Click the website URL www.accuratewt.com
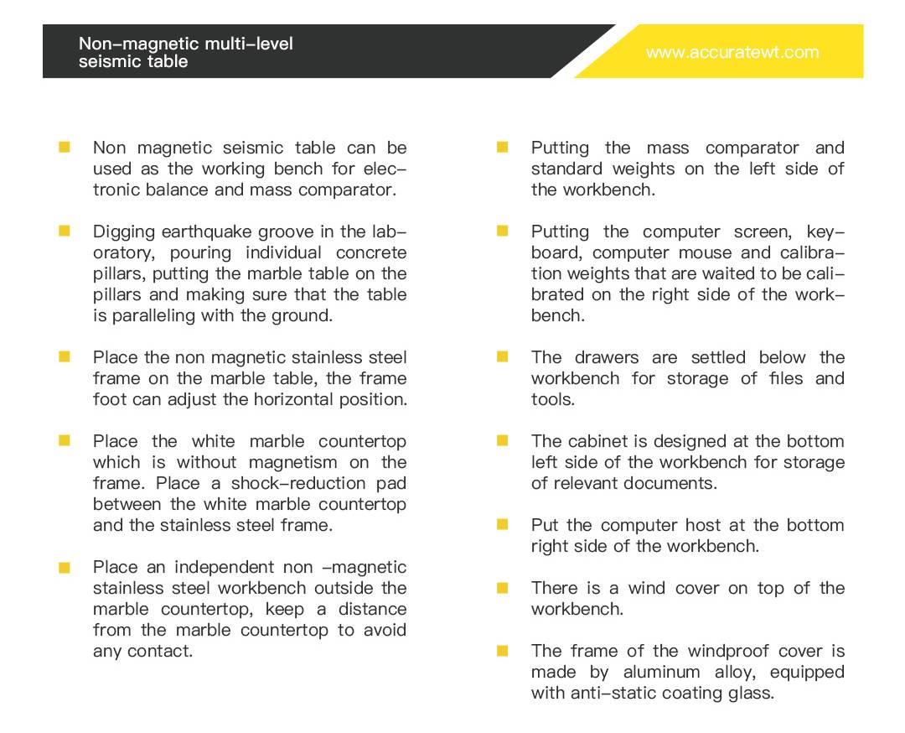[732, 52]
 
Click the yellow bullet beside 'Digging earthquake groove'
[65, 231]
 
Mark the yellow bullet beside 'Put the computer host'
[503, 524]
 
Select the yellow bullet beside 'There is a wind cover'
[503, 587]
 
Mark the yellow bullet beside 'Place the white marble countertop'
[65, 440]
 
